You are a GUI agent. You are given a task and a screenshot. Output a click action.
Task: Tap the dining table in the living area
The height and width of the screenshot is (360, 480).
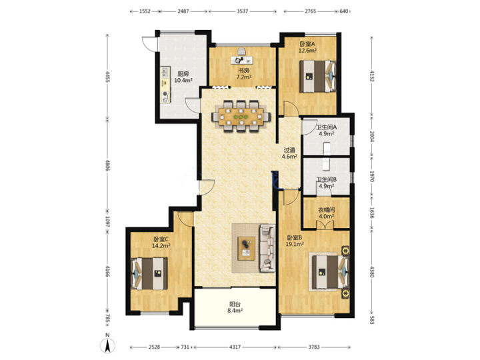pyautogui.click(x=241, y=117)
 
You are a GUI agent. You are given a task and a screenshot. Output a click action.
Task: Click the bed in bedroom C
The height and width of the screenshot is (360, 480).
pyautogui.click(x=149, y=273)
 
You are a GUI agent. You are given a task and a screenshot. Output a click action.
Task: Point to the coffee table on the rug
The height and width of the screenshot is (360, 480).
pyautogui.click(x=247, y=248)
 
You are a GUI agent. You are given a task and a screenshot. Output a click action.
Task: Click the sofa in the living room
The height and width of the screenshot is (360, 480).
pyautogui.click(x=267, y=248)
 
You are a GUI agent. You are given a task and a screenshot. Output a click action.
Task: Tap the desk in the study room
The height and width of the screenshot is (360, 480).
pyautogui.click(x=242, y=60)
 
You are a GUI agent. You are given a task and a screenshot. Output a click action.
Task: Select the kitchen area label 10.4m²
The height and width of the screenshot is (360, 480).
pyautogui.click(x=183, y=81)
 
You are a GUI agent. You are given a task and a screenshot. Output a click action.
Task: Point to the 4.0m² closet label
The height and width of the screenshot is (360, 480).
pyautogui.click(x=326, y=216)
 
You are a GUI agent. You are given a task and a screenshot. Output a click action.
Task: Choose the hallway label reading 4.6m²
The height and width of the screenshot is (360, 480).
pyautogui.click(x=289, y=157)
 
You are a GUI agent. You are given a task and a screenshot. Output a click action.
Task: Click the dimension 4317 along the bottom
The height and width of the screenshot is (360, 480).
pyautogui.click(x=235, y=347)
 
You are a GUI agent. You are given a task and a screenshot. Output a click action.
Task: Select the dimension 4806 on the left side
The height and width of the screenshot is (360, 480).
pyautogui.click(x=107, y=165)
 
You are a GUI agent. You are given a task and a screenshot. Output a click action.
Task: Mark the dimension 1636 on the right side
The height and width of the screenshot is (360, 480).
pyautogui.click(x=372, y=213)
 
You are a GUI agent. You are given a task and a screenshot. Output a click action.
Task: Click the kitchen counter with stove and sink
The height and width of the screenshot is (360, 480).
pyautogui.click(x=165, y=85)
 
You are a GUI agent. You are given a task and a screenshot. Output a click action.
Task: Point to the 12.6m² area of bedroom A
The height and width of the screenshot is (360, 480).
pyautogui.click(x=307, y=51)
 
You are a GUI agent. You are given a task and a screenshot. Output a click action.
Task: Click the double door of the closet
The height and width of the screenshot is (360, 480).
pyautogui.click(x=325, y=225)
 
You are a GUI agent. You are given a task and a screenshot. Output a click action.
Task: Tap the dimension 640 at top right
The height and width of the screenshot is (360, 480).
pyautogui.click(x=344, y=11)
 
